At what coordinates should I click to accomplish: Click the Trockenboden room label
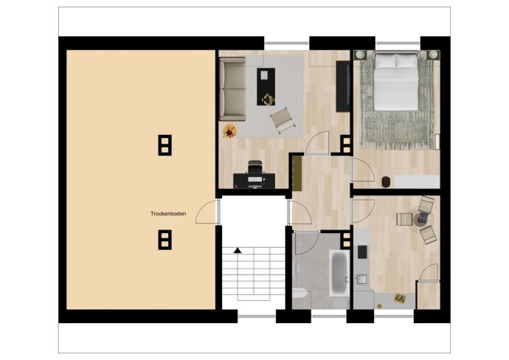[x=168, y=214]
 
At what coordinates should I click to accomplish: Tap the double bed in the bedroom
[x=395, y=81]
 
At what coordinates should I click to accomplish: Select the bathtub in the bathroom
[x=339, y=273]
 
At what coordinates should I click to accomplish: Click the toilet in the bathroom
[x=299, y=293]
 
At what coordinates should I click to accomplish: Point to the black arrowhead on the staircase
[x=238, y=250]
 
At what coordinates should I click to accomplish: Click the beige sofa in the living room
[x=232, y=89]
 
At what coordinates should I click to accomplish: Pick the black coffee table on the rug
[x=266, y=86]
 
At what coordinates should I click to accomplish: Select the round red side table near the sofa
[x=230, y=131]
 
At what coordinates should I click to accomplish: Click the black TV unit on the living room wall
[x=343, y=86]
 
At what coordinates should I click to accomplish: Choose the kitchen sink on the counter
[x=361, y=280]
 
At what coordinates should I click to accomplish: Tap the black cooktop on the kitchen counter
[x=362, y=252]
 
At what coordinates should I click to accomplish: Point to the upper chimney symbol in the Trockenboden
[x=165, y=145]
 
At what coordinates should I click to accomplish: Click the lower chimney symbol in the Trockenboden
[x=165, y=240]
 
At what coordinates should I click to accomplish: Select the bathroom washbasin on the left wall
[x=298, y=269]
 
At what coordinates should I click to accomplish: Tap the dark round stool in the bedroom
[x=386, y=181]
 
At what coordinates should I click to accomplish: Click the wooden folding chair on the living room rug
[x=283, y=120]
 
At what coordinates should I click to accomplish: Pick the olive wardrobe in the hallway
[x=297, y=173]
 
